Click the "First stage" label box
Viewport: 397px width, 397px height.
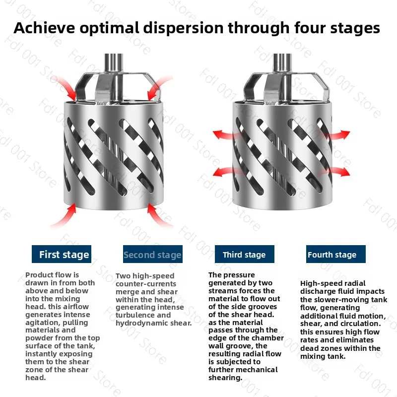pyautogui.click(x=62, y=254)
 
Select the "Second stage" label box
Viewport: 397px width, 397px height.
pyautogui.click(x=153, y=254)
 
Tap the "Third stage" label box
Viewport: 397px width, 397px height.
pyautogui.click(x=245, y=254)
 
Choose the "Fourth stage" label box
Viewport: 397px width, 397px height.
pyautogui.click(x=336, y=254)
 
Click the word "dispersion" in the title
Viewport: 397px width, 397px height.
pyautogui.click(x=183, y=28)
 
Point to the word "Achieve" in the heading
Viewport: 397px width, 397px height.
pyautogui.click(x=44, y=28)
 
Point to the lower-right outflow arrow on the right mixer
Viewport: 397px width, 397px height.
pyautogui.click(x=338, y=172)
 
